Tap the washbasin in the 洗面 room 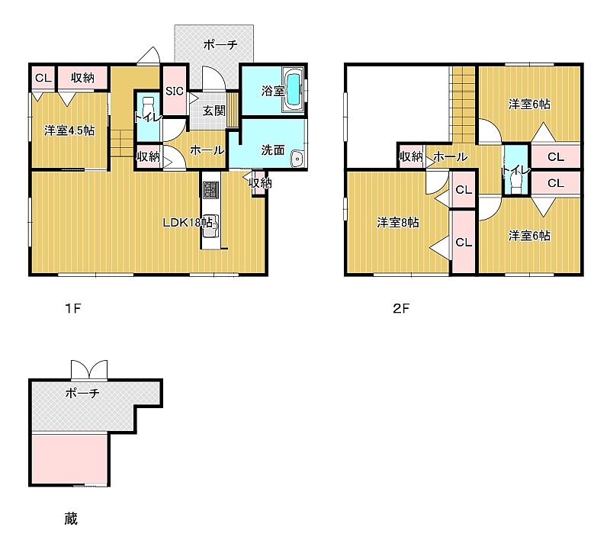tap(297, 159)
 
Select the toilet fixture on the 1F tap(148, 109)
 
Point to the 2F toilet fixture tap(515, 182)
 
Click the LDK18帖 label tap(188, 223)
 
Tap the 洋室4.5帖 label tap(69, 130)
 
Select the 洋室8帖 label tap(398, 223)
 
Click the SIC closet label tap(175, 91)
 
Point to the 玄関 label tap(214, 111)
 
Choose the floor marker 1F tap(72, 309)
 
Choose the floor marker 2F tap(401, 309)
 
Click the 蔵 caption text tap(71, 519)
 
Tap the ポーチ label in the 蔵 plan tap(82, 393)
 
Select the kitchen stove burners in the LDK tap(211, 190)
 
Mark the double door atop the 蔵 tap(89, 370)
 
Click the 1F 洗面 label tap(273, 150)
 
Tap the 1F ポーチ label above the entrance tap(220, 45)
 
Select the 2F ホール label tap(450, 157)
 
